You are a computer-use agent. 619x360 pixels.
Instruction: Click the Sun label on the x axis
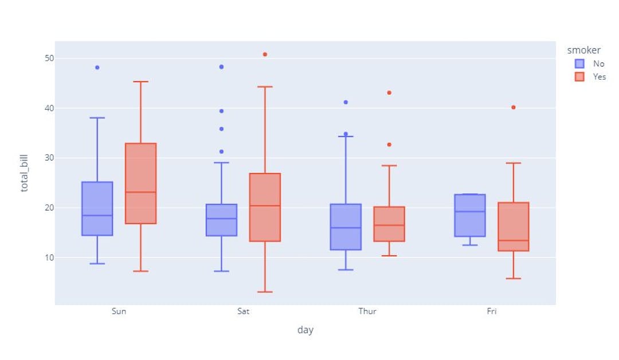point(119,311)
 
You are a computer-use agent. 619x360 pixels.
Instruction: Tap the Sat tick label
point(243,311)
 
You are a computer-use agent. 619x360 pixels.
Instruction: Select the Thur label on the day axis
point(367,311)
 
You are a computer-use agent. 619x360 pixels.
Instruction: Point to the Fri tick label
point(492,311)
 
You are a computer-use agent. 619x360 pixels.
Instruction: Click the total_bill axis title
point(25,173)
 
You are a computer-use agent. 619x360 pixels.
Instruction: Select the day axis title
point(305,330)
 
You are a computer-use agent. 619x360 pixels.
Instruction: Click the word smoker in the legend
point(583,50)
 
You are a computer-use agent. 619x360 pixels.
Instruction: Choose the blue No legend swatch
point(579,64)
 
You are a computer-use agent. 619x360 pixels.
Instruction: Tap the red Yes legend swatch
point(579,77)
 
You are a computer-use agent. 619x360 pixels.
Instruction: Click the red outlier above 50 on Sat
point(265,54)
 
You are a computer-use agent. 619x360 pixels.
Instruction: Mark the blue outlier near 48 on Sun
point(97,68)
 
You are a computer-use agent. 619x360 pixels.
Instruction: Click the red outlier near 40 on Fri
point(514,107)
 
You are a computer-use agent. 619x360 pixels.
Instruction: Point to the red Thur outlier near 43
point(389,93)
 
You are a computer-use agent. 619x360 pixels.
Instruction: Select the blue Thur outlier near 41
point(346,102)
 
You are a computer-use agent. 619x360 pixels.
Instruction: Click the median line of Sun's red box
point(140,192)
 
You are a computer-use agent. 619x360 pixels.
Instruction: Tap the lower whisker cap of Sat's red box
point(265,292)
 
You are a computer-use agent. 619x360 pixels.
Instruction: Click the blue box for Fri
point(470,216)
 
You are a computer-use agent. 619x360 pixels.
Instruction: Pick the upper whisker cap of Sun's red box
point(140,82)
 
